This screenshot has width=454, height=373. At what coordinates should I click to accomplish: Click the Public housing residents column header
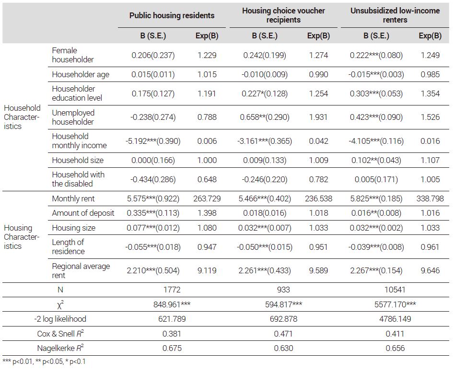click(x=172, y=15)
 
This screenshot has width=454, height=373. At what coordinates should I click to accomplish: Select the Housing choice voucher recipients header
click(x=283, y=15)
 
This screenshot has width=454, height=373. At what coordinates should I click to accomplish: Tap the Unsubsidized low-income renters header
click(x=395, y=15)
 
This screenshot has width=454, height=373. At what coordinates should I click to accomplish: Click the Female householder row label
click(x=73, y=55)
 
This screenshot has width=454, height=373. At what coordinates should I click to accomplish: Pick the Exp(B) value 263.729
click(x=207, y=198)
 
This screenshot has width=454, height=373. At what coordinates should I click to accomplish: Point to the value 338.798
click(x=430, y=198)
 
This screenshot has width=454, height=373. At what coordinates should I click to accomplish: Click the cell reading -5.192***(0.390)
click(x=153, y=141)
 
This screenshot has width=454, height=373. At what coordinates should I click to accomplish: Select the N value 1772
click(x=172, y=290)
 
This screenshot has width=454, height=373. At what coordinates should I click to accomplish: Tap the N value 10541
click(x=395, y=290)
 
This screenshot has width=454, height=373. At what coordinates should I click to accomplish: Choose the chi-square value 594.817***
click(x=283, y=304)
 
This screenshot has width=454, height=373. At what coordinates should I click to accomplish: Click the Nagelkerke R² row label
click(x=60, y=348)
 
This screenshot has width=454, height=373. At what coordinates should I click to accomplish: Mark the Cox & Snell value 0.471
click(x=283, y=334)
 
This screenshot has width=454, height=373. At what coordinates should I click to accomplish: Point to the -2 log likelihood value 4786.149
click(x=395, y=319)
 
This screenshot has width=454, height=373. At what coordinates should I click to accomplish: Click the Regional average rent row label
click(x=81, y=270)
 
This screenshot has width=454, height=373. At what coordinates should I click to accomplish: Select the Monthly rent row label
click(x=73, y=198)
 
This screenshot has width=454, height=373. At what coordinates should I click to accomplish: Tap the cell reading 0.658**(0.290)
click(x=265, y=117)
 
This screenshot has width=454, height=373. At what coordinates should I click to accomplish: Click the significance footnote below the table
click(x=44, y=361)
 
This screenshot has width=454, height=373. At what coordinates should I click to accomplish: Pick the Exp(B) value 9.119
click(x=207, y=270)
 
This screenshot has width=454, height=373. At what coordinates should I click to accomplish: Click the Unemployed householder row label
click(x=73, y=117)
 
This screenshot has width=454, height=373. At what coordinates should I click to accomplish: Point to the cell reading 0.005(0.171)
click(x=376, y=180)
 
